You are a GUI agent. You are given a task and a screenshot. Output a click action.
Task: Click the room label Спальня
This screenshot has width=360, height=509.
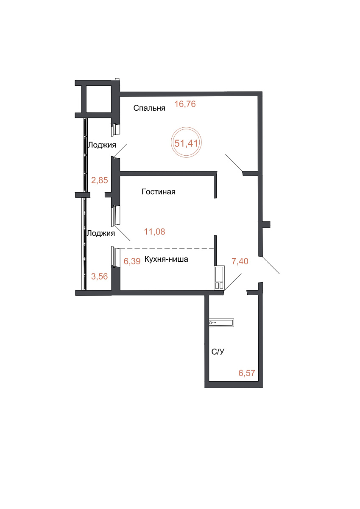(149, 108)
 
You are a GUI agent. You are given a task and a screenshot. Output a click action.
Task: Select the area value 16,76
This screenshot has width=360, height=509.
(185, 104)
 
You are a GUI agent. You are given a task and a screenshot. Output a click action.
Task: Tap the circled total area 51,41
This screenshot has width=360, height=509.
(186, 143)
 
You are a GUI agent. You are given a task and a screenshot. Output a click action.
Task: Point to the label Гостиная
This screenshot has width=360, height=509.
(158, 192)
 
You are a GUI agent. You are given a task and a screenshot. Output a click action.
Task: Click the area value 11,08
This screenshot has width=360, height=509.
(154, 232)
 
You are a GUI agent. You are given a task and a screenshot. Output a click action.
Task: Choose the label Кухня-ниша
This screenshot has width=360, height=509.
(166, 259)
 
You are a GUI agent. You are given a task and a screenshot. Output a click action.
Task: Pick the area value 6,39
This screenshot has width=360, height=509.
(132, 261)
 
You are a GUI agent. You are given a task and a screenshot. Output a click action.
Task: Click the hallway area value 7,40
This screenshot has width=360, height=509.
(240, 261)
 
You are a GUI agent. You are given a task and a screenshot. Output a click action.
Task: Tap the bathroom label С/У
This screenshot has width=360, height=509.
(218, 352)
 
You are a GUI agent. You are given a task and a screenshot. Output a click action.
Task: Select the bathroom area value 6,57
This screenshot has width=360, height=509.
(247, 373)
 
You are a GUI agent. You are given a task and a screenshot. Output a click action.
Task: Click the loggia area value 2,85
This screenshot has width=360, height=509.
(100, 180)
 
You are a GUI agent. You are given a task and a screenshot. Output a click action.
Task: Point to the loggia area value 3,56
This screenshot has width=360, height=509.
(100, 277)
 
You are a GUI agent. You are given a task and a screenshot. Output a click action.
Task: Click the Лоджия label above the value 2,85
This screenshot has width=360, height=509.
(102, 145)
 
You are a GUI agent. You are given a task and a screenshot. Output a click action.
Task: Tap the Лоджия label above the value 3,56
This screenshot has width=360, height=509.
(101, 233)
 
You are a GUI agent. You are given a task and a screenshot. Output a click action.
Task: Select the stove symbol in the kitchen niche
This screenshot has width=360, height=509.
(219, 278)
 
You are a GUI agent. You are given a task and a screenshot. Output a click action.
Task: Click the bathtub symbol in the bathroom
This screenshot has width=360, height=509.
(221, 323)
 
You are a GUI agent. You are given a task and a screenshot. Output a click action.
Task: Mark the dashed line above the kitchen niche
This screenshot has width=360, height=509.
(167, 249)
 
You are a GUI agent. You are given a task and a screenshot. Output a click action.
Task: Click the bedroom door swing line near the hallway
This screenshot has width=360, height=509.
(234, 163)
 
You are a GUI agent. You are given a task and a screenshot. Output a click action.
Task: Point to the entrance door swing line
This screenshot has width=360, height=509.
(271, 265)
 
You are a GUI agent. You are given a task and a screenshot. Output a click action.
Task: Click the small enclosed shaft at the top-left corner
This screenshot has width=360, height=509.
(98, 99)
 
